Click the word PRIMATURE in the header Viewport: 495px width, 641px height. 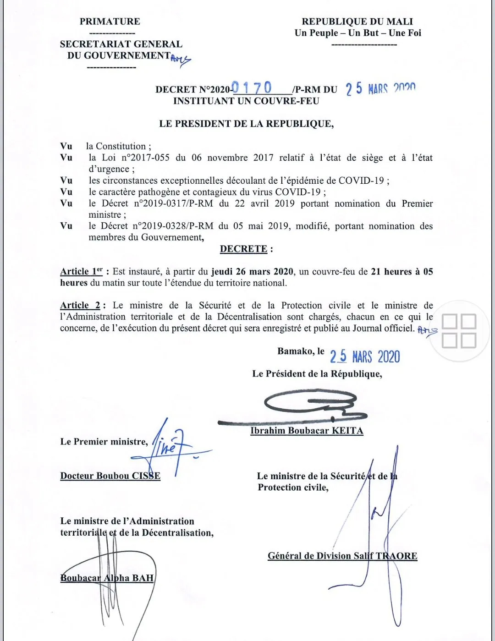pos(110,22)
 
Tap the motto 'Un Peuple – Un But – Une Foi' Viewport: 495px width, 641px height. pos(357,33)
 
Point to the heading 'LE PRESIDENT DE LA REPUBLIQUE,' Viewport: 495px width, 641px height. pos(247,124)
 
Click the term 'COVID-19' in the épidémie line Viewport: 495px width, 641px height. pos(362,181)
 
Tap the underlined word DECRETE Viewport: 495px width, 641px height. pos(243,249)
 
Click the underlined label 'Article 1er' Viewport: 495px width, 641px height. pos(81,271)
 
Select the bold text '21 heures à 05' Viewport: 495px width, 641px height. pos(401,272)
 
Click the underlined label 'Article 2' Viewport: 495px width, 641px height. pos(80,305)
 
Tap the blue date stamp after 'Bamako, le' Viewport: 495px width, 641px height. pos(365,356)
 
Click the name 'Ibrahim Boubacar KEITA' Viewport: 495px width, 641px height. pos(307,431)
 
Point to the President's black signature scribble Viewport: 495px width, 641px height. pos(312,405)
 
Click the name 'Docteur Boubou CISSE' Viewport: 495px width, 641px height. pos(110,476)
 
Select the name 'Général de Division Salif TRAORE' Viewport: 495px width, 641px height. pos(342,556)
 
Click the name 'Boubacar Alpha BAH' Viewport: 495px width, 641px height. pos(107,578)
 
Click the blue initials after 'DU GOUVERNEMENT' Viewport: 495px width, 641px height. pos(181,60)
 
